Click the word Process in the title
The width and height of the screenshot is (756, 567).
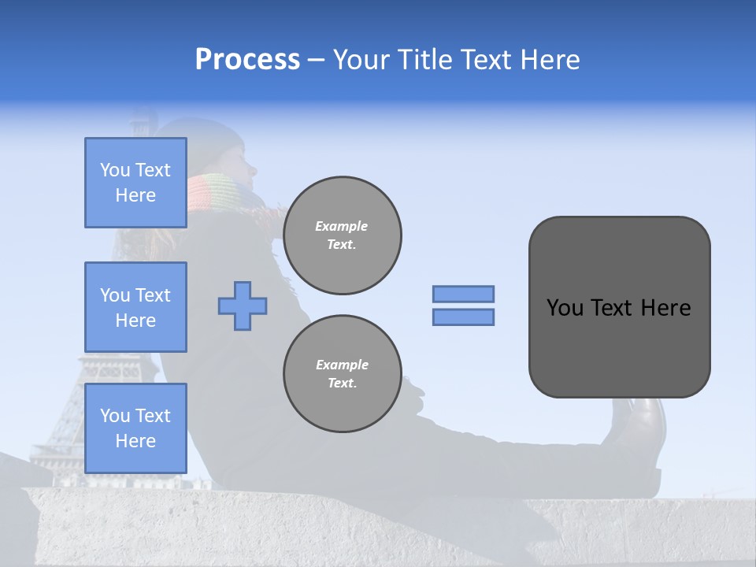point(247,59)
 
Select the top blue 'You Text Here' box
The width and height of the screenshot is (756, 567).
point(135,183)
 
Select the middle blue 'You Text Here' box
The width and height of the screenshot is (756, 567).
point(135,307)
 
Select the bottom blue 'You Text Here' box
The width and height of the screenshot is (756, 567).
point(135,428)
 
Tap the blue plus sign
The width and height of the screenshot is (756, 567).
point(243,306)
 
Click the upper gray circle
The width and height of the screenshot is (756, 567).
point(342,235)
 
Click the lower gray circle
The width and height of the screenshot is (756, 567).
point(342,374)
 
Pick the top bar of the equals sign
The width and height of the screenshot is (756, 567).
point(463,294)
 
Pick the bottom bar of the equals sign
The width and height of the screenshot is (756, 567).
point(463,317)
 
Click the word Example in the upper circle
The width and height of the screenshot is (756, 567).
point(342,226)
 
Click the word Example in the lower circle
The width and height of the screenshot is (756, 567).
point(342,365)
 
